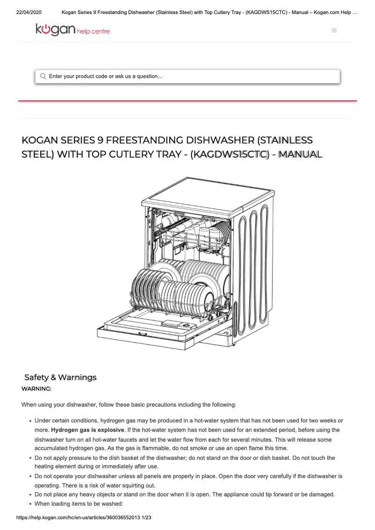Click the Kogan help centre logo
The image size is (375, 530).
pos(72,30)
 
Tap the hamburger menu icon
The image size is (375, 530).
pos(334,30)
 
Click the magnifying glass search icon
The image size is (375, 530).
pos(43,76)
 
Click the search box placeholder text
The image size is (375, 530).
pos(106,76)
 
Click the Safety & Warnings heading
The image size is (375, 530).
pos(60,377)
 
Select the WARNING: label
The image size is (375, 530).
pos(36,388)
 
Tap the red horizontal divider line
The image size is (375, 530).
pos(187,101)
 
